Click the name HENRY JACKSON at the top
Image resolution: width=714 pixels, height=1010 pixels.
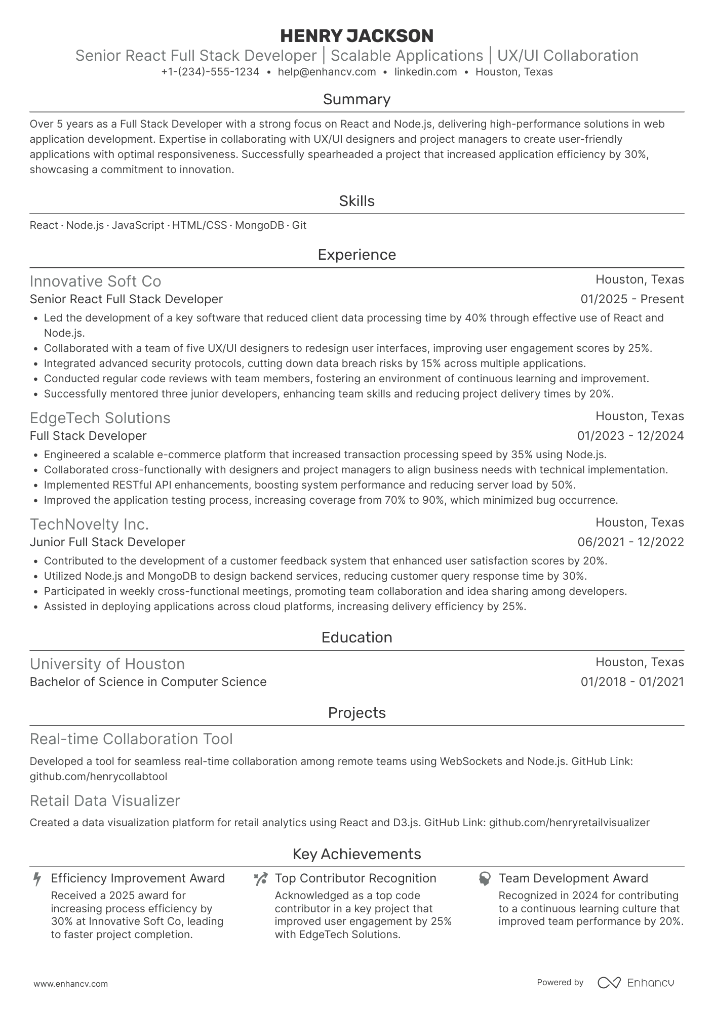(356, 36)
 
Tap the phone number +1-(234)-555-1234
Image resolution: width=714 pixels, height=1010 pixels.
(210, 72)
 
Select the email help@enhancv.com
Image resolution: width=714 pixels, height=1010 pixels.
(327, 72)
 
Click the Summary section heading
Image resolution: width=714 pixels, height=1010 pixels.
(356, 99)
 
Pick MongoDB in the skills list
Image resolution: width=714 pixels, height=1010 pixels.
(259, 225)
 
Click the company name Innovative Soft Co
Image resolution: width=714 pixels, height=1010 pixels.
(95, 281)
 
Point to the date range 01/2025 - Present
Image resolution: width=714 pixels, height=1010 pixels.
(632, 299)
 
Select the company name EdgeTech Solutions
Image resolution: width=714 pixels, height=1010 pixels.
(100, 418)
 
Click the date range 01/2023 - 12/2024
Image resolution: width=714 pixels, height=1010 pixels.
(630, 436)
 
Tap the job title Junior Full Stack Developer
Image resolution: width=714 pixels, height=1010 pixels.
(107, 542)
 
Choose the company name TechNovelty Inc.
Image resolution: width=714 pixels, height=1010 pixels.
(89, 524)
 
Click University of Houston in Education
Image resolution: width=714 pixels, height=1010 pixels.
(107, 664)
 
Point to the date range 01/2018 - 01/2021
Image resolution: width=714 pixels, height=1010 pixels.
(632, 682)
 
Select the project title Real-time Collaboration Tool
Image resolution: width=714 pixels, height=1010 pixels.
(131, 739)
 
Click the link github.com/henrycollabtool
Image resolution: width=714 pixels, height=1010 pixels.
(98, 777)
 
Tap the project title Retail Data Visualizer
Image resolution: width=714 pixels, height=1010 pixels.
(105, 801)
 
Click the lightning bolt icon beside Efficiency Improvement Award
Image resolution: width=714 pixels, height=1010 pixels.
(37, 879)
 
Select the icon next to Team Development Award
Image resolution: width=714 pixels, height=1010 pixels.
(485, 879)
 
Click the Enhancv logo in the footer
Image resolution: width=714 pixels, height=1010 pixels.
(636, 983)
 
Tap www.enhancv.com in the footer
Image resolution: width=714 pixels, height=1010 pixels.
(70, 984)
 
